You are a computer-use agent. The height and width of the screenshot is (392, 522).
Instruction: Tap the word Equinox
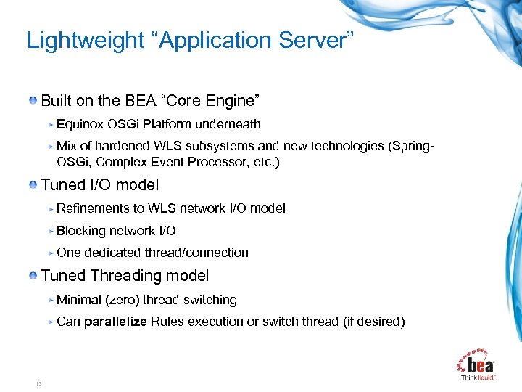coord(79,124)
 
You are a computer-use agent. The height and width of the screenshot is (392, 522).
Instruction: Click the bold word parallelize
coord(115,322)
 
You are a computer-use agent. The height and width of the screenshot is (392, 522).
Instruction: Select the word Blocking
coord(81,231)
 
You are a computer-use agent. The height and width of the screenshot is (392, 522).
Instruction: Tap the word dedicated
coord(112,253)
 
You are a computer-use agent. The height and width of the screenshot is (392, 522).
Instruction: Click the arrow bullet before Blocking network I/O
coord(51,232)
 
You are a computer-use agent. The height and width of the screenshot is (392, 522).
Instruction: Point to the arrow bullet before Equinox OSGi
coord(51,125)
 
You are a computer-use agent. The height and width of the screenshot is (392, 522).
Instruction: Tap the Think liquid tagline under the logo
coord(478,377)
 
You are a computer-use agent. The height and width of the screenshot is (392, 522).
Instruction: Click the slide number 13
coord(38,384)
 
